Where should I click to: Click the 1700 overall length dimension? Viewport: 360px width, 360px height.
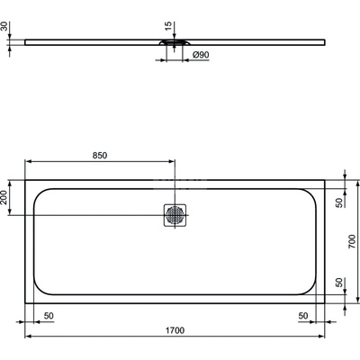click(x=175, y=331)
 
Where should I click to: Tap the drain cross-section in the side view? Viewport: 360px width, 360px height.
click(x=175, y=41)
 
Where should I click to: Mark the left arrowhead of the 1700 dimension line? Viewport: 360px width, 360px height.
click(x=26, y=338)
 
